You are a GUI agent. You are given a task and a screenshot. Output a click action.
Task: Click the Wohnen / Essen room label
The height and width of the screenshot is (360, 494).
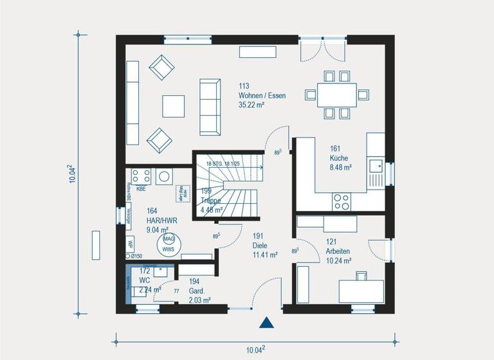coord(262,95)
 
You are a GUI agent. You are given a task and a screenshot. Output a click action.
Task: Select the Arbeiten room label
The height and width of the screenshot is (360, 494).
coord(338,251)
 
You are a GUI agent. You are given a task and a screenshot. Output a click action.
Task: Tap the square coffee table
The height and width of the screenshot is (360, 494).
coord(173,106)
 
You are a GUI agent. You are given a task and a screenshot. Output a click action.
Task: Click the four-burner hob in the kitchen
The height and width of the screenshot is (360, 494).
coord(341,202)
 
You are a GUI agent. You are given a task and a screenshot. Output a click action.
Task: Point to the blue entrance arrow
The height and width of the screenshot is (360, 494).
coord(267,323)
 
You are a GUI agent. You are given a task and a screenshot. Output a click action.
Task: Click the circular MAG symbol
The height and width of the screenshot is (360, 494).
coord(168,239)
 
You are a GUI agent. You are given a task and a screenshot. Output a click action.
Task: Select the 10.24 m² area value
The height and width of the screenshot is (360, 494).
coord(338,260)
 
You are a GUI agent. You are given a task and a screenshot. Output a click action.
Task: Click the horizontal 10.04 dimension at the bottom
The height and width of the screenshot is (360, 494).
coord(255,350)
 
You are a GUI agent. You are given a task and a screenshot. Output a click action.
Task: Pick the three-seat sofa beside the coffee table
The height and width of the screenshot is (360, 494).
coord(209,107)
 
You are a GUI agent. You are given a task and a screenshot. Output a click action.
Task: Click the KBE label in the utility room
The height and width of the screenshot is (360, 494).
coord(141,189)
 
